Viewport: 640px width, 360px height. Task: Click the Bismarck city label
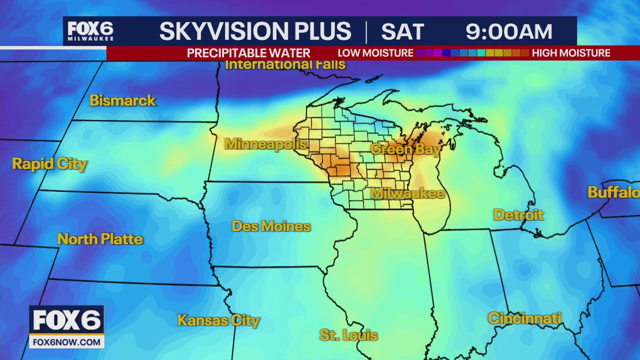122,100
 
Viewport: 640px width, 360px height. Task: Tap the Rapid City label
49,164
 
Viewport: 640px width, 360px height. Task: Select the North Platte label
100,239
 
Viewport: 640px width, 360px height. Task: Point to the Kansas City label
218,320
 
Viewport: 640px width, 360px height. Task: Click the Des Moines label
271,226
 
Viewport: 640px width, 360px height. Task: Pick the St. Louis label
348,335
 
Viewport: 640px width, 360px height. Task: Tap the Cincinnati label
524,318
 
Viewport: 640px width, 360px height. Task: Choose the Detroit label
518,215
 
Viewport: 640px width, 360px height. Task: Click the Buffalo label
613,192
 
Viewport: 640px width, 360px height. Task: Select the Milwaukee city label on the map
407,193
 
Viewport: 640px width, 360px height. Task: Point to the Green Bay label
405,149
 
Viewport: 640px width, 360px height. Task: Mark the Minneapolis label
265,144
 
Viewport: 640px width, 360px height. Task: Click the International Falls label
285,64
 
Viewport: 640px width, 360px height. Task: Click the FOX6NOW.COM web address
66,342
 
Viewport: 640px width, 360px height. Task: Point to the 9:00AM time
508,32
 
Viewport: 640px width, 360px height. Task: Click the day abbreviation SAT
402,32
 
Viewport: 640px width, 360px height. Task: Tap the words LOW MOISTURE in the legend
375,53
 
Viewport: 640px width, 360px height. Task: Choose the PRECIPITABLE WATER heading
248,53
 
